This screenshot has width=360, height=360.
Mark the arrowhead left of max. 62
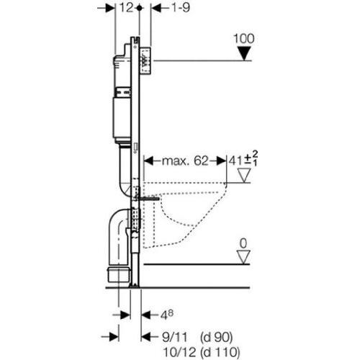(x=148, y=161)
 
